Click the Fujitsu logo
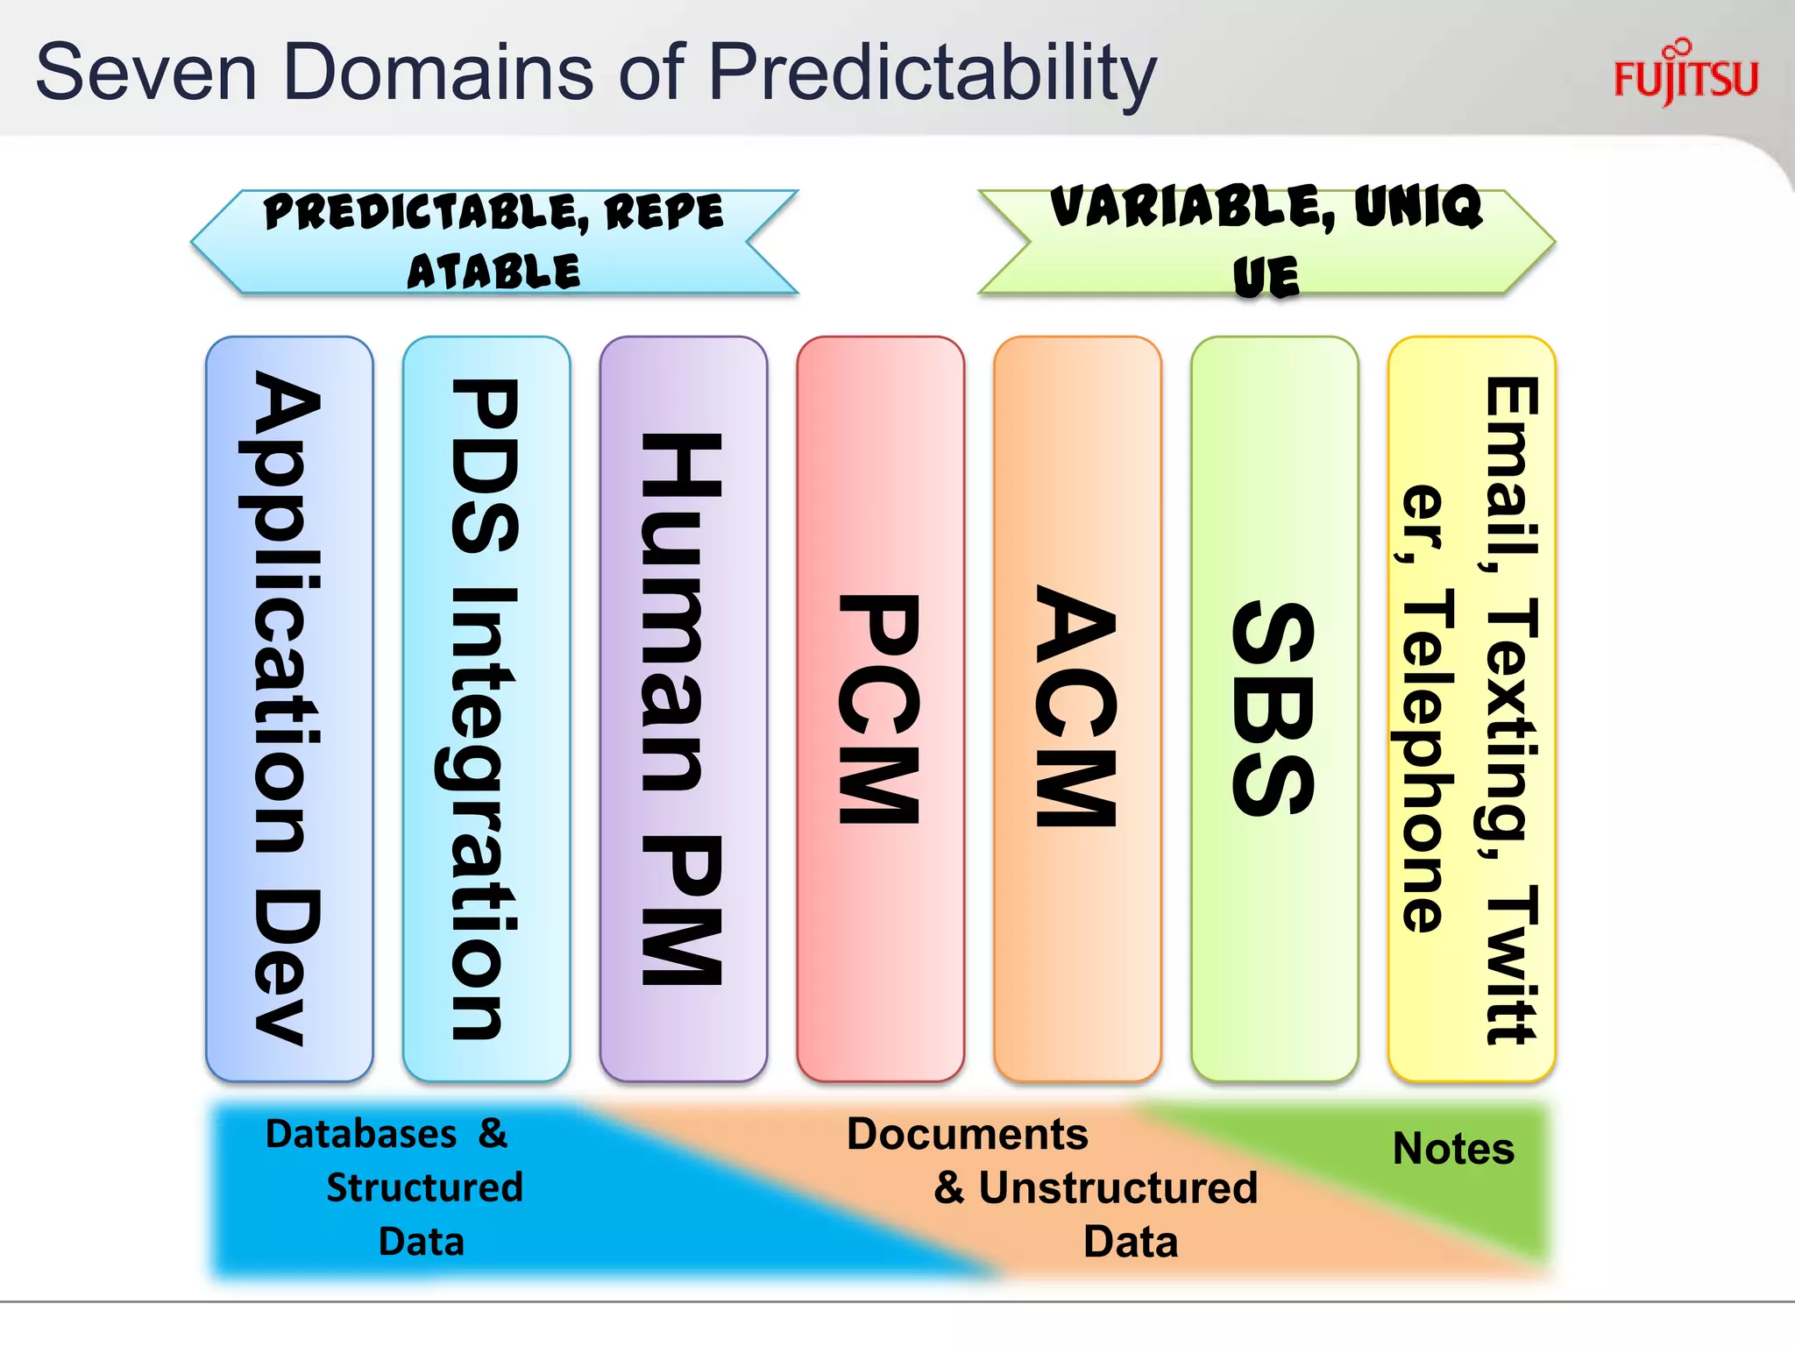(x=1685, y=75)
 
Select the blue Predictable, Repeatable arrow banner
(x=493, y=241)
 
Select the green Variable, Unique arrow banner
(x=1266, y=241)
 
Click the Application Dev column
(x=288, y=708)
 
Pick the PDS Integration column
(x=486, y=708)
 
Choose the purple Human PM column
(x=683, y=708)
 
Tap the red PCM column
(x=880, y=708)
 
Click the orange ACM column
(x=1077, y=708)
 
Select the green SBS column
(x=1274, y=708)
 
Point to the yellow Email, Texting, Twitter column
(x=1472, y=708)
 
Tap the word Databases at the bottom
(x=361, y=1134)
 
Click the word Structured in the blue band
(x=424, y=1188)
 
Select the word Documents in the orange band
(x=967, y=1134)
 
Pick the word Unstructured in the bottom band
(x=1117, y=1188)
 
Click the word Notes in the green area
(x=1453, y=1148)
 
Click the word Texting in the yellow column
(x=1512, y=727)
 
